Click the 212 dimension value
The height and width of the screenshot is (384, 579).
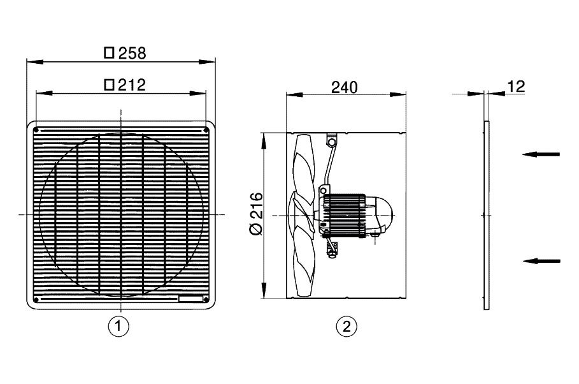[x=132, y=85]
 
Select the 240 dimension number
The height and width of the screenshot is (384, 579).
[x=345, y=87]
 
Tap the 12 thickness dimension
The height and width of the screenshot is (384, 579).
[x=517, y=87]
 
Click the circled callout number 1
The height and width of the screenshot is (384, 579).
[x=119, y=327]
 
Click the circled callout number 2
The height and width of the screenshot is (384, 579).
[x=346, y=327]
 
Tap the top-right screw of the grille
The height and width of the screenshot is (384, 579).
[x=206, y=131]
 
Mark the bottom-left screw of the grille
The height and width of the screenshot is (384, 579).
[x=36, y=299]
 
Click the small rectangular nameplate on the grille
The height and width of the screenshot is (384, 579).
[x=190, y=299]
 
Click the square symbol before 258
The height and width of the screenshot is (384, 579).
[x=109, y=54]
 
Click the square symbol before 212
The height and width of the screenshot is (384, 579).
[x=109, y=85]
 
